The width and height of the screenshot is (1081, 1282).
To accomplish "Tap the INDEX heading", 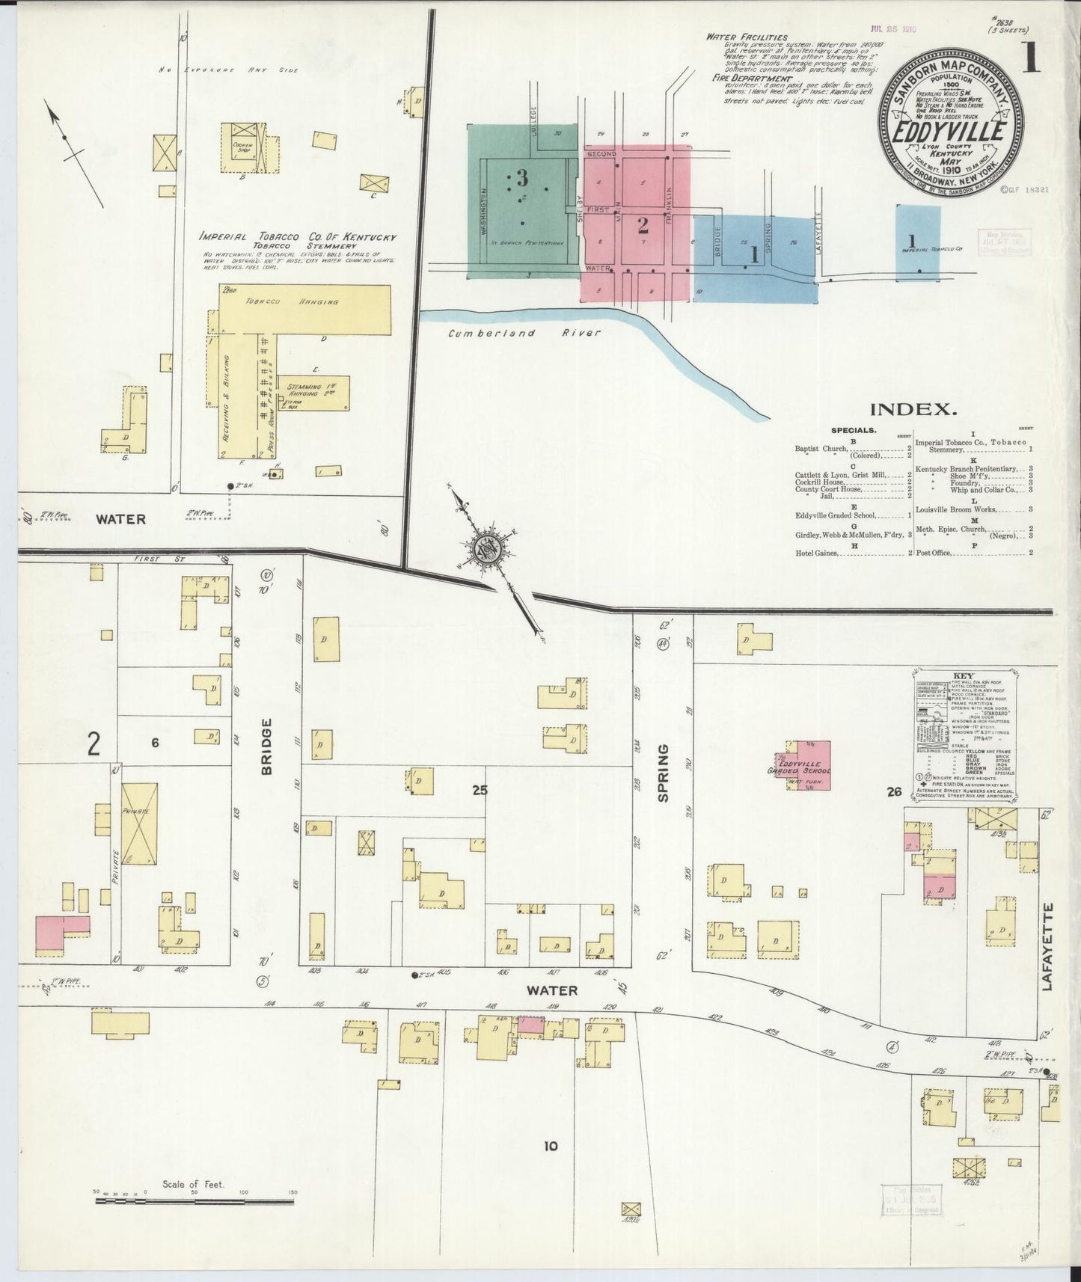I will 913,409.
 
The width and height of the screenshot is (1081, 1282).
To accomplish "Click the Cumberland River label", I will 524,333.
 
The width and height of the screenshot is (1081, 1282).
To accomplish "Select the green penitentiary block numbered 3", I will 522,200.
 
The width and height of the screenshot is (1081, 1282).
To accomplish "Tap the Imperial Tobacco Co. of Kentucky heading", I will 298,238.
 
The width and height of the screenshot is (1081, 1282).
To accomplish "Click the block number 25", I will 480,789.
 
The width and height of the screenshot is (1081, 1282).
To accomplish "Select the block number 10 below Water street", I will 551,1145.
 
